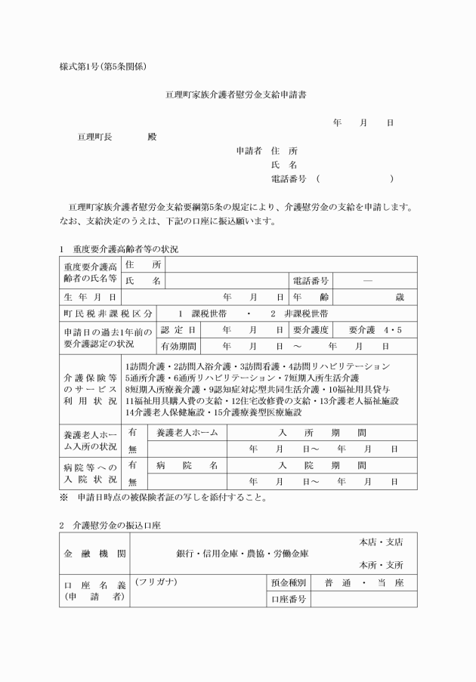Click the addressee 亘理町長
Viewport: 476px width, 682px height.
95,137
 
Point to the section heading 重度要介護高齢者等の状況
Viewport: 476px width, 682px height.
125,248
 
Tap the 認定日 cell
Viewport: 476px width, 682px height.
179,330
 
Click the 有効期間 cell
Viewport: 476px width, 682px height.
179,346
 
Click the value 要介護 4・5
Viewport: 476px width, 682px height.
376,330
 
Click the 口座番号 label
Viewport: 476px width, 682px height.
287,599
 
